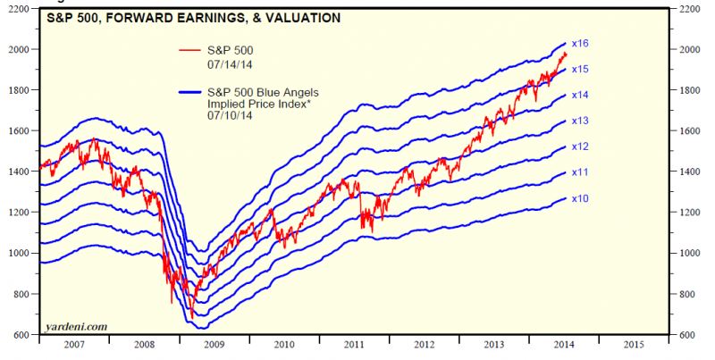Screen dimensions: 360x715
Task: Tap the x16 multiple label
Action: tap(579, 43)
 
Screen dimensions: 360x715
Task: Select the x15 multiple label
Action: tap(579, 69)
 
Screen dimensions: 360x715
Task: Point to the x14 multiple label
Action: tap(579, 94)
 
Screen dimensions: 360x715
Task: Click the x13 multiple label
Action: tap(579, 121)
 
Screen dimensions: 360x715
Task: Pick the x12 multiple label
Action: tap(579, 146)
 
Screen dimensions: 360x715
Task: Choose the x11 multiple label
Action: tap(579, 172)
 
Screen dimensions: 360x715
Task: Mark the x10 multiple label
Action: tap(579, 198)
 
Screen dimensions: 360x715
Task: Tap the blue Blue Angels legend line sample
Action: tap(189, 91)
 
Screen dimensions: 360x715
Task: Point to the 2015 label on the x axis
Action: tap(632, 344)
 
